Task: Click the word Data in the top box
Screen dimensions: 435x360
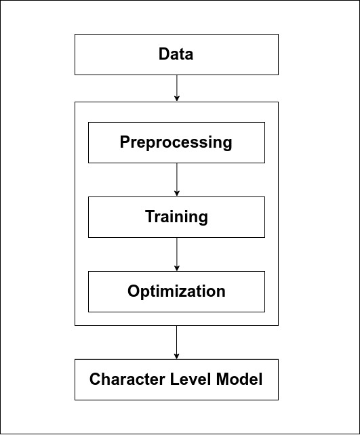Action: [x=176, y=54]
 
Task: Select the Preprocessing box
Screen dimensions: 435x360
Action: [x=176, y=142]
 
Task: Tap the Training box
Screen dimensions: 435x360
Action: [x=176, y=217]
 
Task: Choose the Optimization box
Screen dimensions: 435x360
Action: [x=176, y=291]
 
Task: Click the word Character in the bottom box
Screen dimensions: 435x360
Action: [x=121, y=379]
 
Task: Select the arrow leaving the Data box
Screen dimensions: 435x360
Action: [x=176, y=87]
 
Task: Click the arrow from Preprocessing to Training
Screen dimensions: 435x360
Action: [x=176, y=179]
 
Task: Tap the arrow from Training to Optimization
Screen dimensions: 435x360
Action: [x=176, y=253]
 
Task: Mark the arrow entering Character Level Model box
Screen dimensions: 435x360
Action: [x=176, y=341]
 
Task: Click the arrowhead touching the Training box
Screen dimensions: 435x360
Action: [x=176, y=193]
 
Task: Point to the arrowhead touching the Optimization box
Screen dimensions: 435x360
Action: [x=176, y=268]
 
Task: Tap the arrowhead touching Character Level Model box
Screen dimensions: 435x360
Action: [x=176, y=356]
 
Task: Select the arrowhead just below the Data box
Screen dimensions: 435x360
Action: [x=176, y=98]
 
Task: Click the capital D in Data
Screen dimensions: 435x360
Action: [x=163, y=54]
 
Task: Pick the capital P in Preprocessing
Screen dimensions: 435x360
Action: [x=125, y=142]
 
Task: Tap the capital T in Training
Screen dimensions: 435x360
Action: [x=150, y=217]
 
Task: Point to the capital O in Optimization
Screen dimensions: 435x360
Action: [x=134, y=291]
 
